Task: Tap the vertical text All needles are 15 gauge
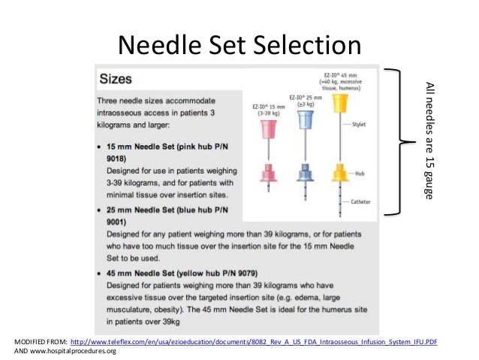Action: point(430,140)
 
